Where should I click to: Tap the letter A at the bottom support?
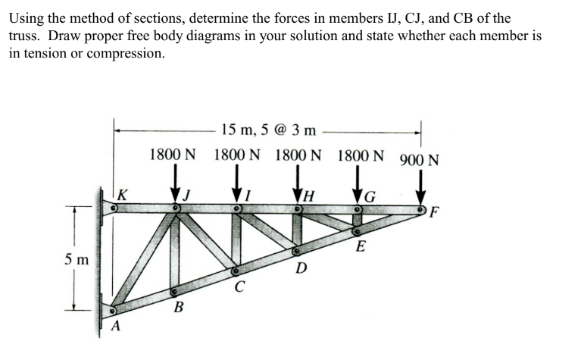pyautogui.click(x=116, y=327)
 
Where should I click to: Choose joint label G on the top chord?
pyautogui.click(x=370, y=199)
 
